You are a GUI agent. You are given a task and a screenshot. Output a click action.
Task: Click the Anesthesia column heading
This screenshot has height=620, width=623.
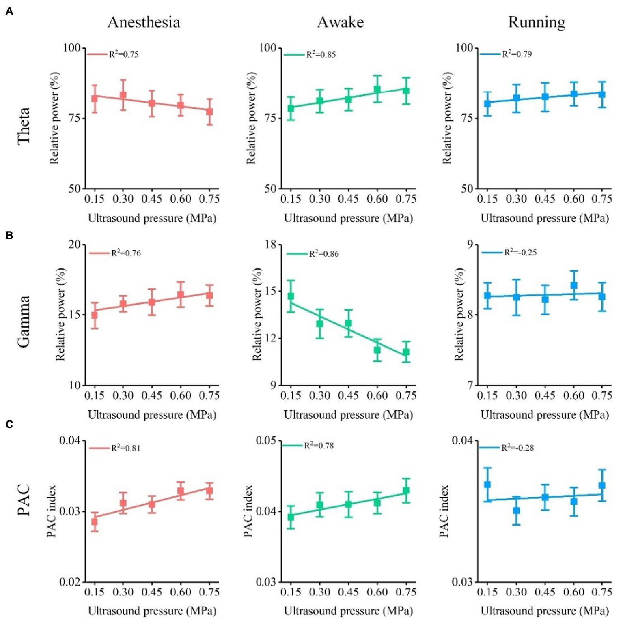[x=144, y=22]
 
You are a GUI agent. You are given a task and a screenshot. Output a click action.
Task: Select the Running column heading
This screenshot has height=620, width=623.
[x=537, y=22]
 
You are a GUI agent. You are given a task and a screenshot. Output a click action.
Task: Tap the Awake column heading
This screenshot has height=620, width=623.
[x=340, y=22]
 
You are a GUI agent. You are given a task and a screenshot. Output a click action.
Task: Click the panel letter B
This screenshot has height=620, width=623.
[x=9, y=236]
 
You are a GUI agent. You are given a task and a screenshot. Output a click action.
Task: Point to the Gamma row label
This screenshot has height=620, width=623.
[x=24, y=322]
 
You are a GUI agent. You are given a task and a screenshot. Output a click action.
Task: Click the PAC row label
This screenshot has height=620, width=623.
[x=24, y=500]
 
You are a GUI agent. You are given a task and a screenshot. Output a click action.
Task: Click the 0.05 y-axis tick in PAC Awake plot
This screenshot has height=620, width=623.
[x=266, y=440]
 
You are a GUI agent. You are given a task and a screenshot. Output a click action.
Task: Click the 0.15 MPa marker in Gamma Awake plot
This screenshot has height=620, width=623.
[x=291, y=296]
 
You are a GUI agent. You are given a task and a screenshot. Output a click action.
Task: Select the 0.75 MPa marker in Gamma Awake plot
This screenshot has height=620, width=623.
[x=406, y=352]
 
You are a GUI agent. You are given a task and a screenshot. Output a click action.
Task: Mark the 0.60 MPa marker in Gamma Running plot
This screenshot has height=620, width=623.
[x=574, y=285]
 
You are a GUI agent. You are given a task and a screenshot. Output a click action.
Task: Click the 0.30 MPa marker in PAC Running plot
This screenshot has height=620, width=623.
[x=516, y=511]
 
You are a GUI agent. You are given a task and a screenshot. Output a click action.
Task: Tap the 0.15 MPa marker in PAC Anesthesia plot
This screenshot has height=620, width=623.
[x=94, y=521]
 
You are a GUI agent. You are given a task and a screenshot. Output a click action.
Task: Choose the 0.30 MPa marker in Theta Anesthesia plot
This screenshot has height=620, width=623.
[x=123, y=96]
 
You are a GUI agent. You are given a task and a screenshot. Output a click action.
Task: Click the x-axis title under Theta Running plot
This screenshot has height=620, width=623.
[x=545, y=219]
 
